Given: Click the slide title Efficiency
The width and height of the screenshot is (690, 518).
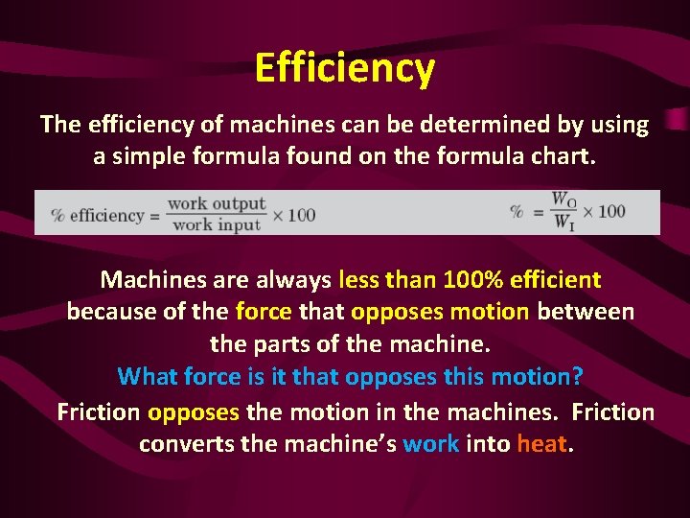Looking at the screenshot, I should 345,68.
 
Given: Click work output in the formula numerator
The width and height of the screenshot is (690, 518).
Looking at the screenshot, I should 217,203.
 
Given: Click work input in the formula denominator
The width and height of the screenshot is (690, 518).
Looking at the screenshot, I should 217,224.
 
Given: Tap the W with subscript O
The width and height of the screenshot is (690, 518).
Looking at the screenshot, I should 563,200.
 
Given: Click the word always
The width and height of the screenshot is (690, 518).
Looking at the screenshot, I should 288,280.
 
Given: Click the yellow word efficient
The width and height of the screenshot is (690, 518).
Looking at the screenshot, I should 558,280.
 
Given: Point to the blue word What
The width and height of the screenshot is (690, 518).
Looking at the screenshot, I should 149,376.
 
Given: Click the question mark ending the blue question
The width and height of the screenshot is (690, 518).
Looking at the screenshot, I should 578,376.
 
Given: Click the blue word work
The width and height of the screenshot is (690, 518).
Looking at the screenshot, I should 431,444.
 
